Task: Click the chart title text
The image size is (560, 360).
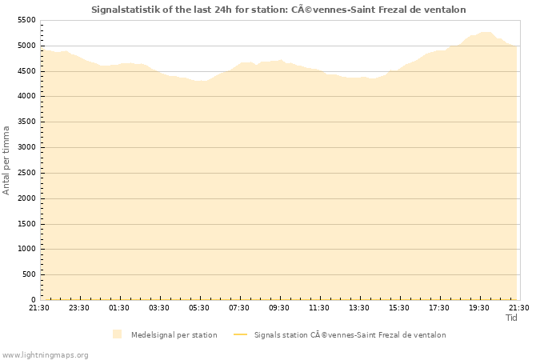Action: [x=278, y=10]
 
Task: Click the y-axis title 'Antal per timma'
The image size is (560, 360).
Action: [x=6, y=160]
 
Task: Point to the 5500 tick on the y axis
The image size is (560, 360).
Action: [x=26, y=20]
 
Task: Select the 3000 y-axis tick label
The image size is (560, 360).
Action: [x=26, y=147]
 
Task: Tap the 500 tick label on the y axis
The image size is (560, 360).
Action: [x=29, y=274]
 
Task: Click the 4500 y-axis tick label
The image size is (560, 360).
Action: [x=26, y=71]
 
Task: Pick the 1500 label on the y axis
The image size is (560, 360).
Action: [x=26, y=224]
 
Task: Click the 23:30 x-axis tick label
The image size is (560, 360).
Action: [x=79, y=308]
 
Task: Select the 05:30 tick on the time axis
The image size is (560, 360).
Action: [x=199, y=308]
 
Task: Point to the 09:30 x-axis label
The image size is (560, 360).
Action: [x=279, y=308]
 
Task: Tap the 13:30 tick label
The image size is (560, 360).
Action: [x=359, y=308]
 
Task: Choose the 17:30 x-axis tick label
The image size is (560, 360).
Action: [x=439, y=308]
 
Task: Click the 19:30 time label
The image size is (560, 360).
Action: [x=479, y=308]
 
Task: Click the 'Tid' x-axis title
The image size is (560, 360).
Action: [x=512, y=318]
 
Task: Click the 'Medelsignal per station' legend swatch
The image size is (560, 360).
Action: [x=118, y=334]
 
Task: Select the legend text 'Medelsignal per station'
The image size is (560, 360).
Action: [x=174, y=335]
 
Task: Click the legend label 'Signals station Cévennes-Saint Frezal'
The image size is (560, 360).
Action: [x=350, y=335]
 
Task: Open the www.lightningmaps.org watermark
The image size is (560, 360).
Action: [x=45, y=354]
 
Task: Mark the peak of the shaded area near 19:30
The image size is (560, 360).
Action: [x=485, y=32]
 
